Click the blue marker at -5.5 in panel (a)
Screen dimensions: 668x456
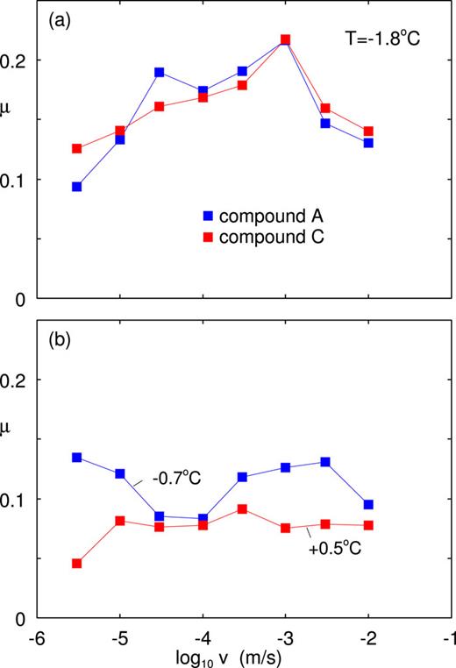77,187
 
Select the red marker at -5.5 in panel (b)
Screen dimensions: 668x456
77,564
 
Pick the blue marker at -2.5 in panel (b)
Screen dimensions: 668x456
325,462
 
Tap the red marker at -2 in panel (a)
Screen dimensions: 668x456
368,131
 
